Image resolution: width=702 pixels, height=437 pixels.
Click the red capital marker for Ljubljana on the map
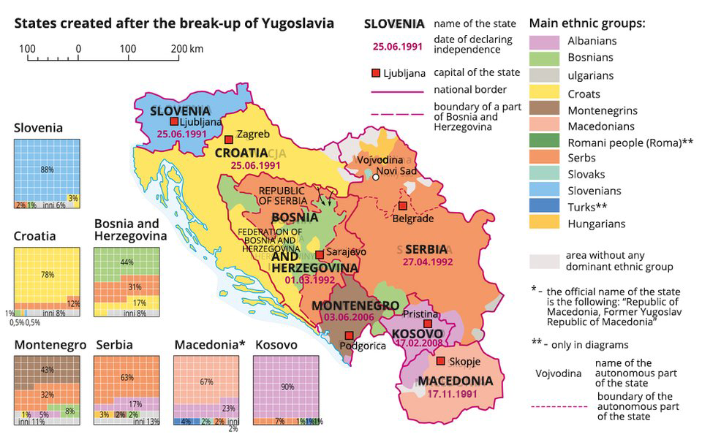click(x=174, y=122)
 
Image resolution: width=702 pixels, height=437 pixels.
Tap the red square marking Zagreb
click(x=229, y=139)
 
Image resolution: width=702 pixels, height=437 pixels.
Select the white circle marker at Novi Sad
click(x=375, y=176)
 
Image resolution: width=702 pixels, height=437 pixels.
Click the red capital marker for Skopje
click(x=440, y=361)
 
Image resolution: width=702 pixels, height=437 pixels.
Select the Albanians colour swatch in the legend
click(x=545, y=42)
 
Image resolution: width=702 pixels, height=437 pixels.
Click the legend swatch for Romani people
click(x=545, y=142)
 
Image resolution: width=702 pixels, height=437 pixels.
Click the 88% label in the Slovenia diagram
click(x=48, y=170)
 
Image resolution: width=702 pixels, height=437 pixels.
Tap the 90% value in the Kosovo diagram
click(x=287, y=387)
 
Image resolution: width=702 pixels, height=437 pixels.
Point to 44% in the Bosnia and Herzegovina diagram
click(x=127, y=262)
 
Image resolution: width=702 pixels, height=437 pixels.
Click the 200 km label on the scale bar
click(x=186, y=49)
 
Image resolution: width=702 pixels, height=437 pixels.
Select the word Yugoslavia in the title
click(x=295, y=23)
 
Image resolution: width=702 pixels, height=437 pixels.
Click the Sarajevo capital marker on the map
click(x=319, y=255)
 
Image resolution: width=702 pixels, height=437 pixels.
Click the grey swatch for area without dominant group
click(x=545, y=261)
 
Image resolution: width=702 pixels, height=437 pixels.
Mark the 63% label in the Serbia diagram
click(x=127, y=378)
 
